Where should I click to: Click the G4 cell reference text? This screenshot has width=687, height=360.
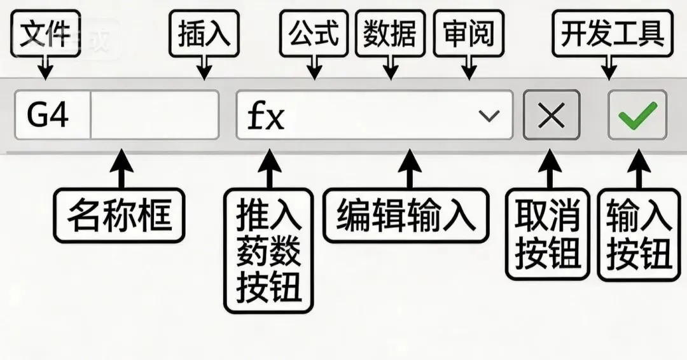coord(48,115)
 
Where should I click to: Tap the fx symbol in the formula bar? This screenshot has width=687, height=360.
coord(265,115)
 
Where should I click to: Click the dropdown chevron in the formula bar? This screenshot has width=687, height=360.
coord(489,115)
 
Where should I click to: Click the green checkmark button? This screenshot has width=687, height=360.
coord(637,115)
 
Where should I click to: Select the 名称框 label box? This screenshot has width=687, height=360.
coord(119,215)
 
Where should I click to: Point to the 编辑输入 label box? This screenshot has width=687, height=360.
coord(406,215)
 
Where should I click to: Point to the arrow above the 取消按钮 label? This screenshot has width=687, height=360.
coord(548,169)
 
